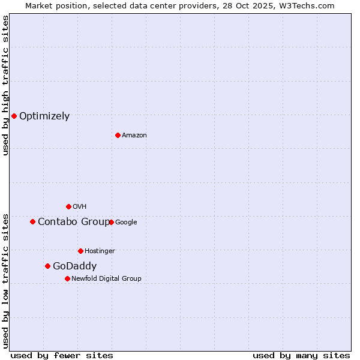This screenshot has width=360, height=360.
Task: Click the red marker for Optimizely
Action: (14, 116)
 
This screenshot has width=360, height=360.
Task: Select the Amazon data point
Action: (118, 135)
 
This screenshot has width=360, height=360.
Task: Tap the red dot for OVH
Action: (68, 206)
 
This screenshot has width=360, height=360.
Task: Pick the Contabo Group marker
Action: (32, 221)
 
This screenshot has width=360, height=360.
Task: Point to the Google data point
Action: (111, 222)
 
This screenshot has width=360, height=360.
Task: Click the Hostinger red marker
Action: (80, 251)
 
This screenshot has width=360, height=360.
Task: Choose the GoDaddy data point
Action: (47, 266)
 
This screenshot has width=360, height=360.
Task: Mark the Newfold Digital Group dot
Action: (67, 278)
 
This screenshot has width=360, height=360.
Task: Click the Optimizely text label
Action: (44, 116)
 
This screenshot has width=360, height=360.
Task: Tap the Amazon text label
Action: (134, 136)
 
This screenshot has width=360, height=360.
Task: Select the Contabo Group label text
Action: (73, 222)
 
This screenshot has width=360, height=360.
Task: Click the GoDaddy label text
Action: (74, 266)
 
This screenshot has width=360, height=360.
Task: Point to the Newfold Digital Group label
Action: (106, 278)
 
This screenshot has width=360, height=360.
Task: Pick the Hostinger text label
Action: (100, 251)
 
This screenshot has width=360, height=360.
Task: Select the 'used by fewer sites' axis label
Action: (62, 355)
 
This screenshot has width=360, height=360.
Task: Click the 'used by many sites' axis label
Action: (301, 355)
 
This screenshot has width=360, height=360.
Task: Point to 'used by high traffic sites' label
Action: (5, 85)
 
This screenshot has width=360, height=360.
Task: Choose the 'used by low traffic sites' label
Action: (5, 281)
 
